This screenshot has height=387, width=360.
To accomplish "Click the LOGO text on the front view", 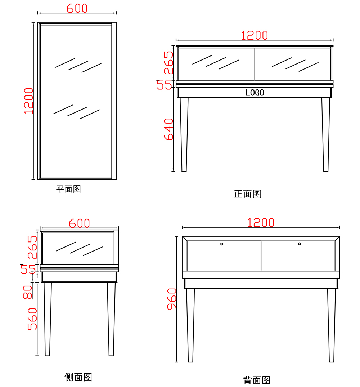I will (x=255, y=93).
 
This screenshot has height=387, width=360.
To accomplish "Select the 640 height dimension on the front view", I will (x=168, y=129).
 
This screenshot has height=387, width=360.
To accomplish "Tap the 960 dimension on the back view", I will (x=172, y=299).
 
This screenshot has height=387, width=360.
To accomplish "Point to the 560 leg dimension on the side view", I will (x=32, y=319).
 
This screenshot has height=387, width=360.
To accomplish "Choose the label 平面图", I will (x=68, y=189).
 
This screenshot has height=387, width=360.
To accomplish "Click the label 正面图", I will (x=247, y=194).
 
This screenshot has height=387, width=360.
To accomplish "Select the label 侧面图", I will (x=78, y=377).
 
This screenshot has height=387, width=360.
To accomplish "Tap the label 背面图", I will (x=257, y=380).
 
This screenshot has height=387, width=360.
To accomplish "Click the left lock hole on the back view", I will (x=222, y=244).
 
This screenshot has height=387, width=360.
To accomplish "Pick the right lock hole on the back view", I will (x=300, y=244).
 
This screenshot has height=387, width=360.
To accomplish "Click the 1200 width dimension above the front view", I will (x=254, y=35).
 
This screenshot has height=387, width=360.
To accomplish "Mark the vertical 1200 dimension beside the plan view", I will (x=29, y=101).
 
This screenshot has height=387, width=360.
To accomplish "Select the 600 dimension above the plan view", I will (x=77, y=8).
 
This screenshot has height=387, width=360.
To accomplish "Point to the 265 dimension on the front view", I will (x=168, y=62).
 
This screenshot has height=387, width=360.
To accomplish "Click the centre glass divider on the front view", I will (x=255, y=64).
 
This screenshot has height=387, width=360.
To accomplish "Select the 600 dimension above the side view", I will (x=79, y=223).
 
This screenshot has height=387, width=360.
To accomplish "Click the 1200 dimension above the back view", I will (x=261, y=222).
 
